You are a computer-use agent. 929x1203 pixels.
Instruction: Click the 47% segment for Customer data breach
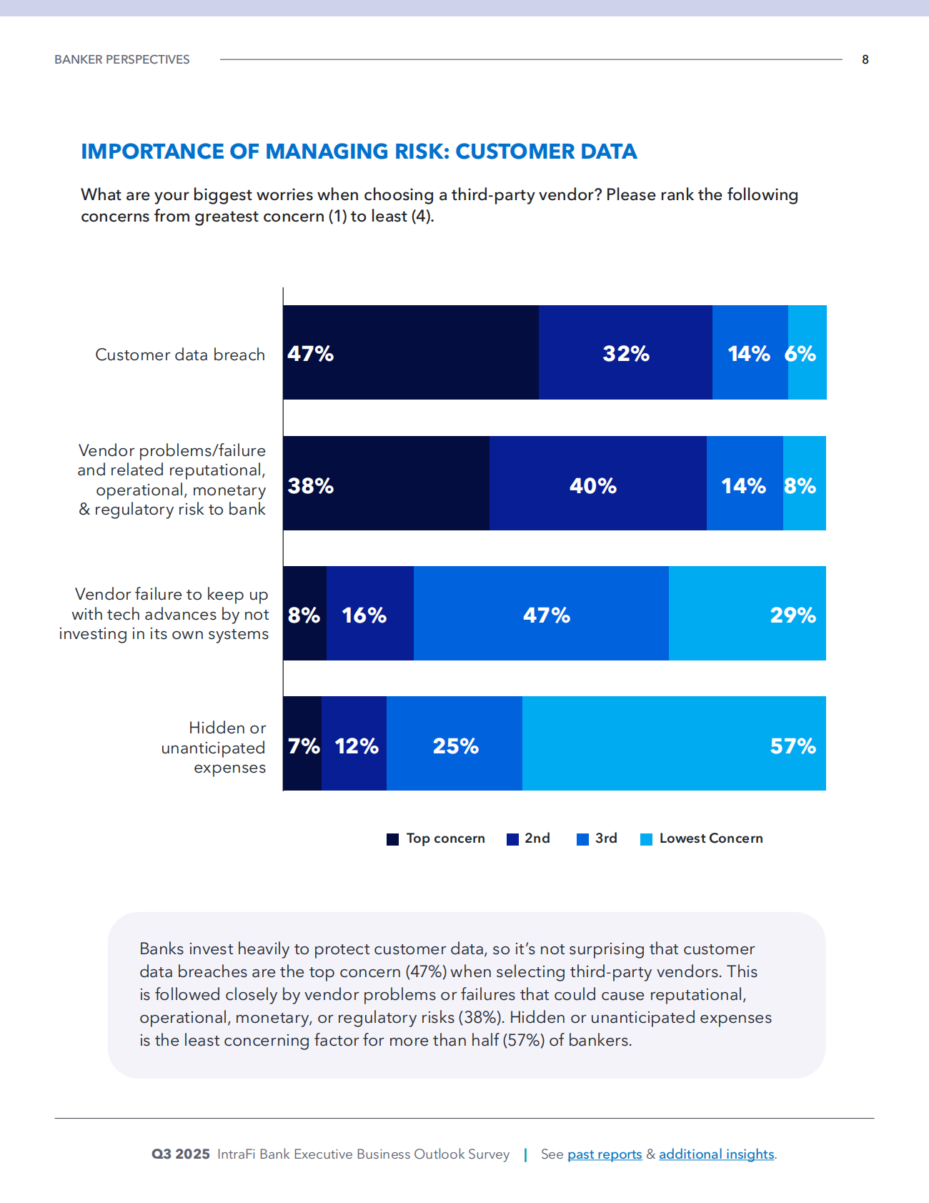point(410,352)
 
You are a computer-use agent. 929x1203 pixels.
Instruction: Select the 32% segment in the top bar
point(625,352)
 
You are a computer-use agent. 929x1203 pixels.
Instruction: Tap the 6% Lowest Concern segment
point(808,352)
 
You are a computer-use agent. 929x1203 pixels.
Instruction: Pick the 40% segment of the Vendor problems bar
point(597,483)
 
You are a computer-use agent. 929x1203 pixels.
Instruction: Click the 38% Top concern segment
point(386,483)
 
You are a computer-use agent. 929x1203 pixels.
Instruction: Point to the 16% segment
point(369,613)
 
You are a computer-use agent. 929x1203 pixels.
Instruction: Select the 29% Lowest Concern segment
point(747,613)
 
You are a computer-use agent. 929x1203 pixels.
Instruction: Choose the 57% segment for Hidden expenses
point(674,743)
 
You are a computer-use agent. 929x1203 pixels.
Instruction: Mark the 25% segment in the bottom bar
point(454,743)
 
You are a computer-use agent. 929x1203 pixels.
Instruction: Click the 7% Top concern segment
point(302,743)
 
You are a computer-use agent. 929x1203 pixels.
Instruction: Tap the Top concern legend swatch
point(392,839)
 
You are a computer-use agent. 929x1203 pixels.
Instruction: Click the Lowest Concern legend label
point(710,838)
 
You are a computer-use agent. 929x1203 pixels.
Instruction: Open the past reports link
point(605,1154)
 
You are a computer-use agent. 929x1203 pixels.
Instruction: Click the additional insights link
point(716,1154)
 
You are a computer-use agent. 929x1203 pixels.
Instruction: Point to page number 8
point(865,59)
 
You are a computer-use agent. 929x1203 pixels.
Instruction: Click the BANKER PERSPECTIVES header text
point(122,59)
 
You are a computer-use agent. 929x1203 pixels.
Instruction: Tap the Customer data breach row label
point(180,355)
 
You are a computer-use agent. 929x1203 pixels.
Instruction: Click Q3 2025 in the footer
point(180,1154)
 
